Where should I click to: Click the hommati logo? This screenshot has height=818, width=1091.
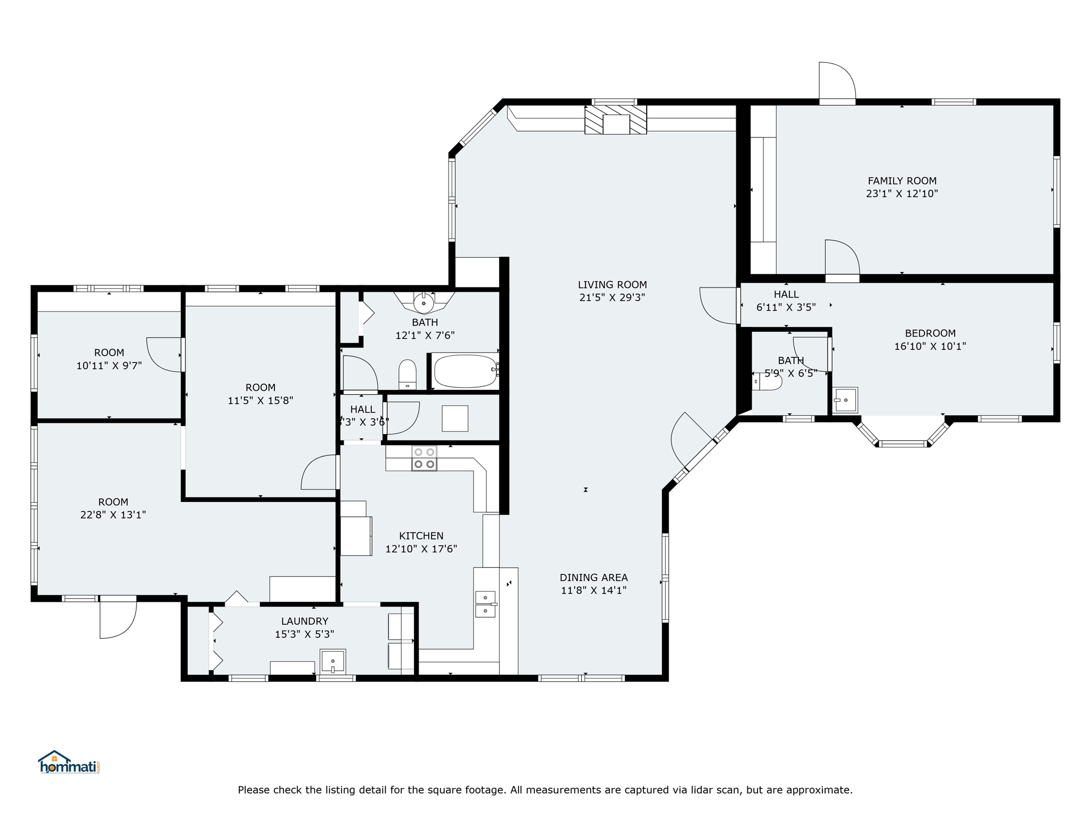(69, 762)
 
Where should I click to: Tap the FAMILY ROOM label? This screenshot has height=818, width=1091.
(902, 181)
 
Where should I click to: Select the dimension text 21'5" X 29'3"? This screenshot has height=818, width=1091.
(612, 298)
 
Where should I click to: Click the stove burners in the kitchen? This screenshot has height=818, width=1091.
(424, 458)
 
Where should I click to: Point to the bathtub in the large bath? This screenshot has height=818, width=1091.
(465, 371)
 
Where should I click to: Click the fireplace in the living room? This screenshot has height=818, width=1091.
(616, 119)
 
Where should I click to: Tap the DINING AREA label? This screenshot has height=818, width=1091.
(593, 577)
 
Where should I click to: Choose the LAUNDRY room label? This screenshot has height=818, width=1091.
(305, 621)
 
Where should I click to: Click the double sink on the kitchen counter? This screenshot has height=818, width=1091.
(485, 604)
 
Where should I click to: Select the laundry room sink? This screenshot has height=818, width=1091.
(332, 661)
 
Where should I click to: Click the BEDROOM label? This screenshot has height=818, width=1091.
(930, 333)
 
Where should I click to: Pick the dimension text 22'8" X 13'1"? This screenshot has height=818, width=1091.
(113, 515)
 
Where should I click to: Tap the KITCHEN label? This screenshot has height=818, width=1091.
(421, 536)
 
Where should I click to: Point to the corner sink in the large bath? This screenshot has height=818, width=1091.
(424, 302)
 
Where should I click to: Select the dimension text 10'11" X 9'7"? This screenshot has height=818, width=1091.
(109, 366)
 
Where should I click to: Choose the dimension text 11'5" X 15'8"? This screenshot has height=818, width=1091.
(260, 400)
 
